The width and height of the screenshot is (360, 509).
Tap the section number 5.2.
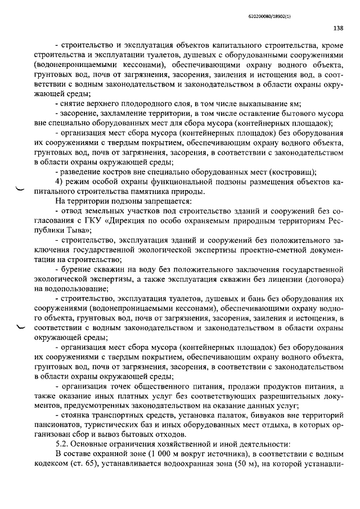62,443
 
